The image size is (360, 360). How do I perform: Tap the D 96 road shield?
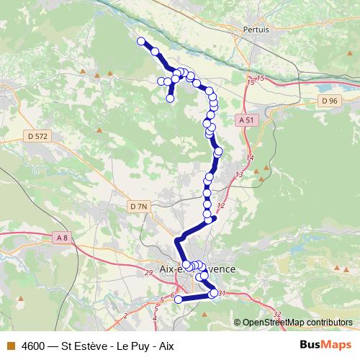pyautogui.click(x=330, y=100)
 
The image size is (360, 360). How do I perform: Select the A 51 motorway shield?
pyautogui.click(x=246, y=120)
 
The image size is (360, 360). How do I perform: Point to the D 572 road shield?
pyautogui.click(x=37, y=135)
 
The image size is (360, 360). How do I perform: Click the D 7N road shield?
pyautogui.click(x=138, y=207)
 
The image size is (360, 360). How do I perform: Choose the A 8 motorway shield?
pyautogui.click(x=63, y=238)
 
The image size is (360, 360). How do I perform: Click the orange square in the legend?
pyautogui.click(x=9, y=346)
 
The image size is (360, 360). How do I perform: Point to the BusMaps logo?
pyautogui.click(x=325, y=345)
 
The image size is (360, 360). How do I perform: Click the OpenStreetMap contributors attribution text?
pyautogui.click(x=297, y=322)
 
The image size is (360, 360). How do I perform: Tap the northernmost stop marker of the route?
pyautogui.click(x=141, y=41)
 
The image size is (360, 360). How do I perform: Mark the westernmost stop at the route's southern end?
pyautogui.click(x=179, y=300)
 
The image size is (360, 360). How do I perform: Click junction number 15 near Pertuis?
pyautogui.click(x=260, y=78)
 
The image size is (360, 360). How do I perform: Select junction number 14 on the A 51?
pyautogui.click(x=250, y=157)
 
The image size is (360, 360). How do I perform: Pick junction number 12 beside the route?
pyautogui.click(x=220, y=206)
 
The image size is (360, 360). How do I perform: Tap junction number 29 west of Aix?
pyautogui.click(x=149, y=272)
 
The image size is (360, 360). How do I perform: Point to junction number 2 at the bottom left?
pyautogui.click(x=125, y=315)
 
